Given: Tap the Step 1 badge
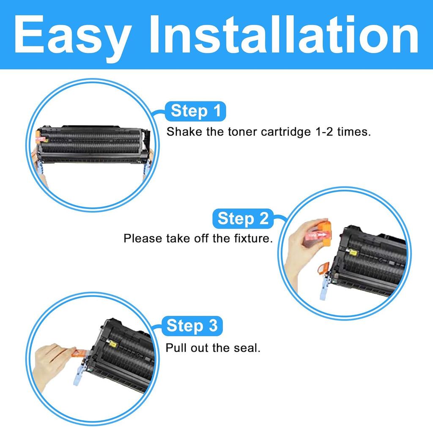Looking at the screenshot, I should pos(195,112).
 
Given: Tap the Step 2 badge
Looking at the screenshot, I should pos(243,219).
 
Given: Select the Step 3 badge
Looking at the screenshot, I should pos(192,326).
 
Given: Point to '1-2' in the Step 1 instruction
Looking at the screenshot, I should pos(323,131).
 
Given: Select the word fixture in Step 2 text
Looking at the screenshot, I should pos(250,238).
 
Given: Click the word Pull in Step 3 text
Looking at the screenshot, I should pos(175,348).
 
